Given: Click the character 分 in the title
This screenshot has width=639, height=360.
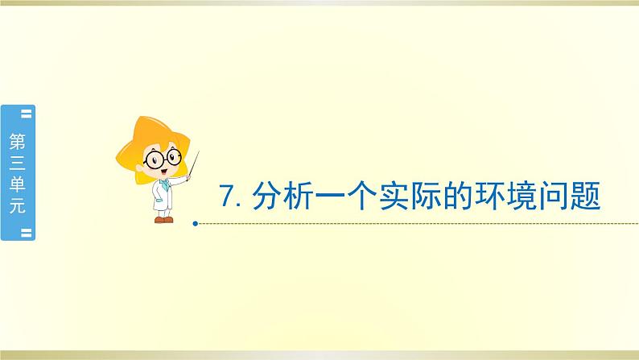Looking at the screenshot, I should click(266, 196).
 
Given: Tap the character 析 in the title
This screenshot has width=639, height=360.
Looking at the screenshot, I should click(299, 196).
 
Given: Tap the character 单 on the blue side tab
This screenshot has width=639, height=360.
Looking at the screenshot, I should click(17, 184).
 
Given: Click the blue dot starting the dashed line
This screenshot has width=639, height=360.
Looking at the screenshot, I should click(197, 223).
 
